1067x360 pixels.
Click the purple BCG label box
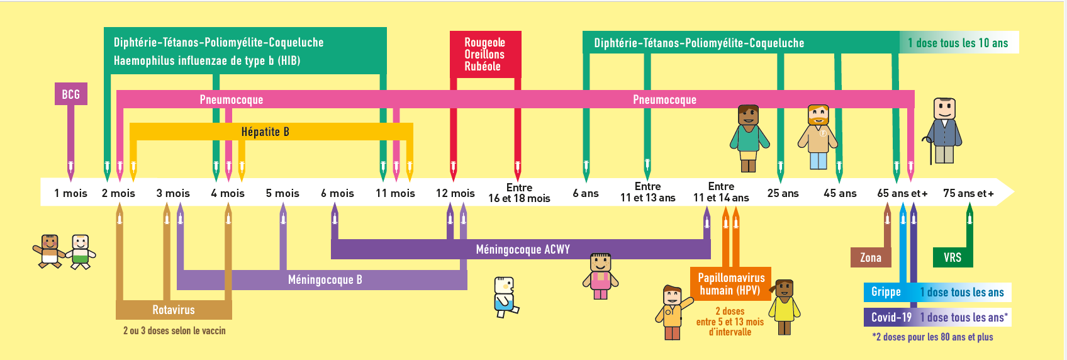[70, 94]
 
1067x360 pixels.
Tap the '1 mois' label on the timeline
[70, 193]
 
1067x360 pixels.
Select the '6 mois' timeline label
[337, 193]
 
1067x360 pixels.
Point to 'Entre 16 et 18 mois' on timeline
[519, 193]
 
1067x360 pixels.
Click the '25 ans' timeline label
[783, 193]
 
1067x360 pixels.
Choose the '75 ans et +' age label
[968, 193]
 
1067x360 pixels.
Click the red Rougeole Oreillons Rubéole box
[484, 54]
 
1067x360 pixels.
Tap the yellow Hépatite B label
[265, 132]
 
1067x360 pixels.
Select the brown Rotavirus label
[174, 310]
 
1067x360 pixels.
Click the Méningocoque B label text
[325, 279]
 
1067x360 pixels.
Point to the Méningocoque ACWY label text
[523, 249]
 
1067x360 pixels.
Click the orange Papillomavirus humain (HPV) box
[731, 284]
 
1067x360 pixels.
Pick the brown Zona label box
[871, 257]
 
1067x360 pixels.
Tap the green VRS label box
[952, 257]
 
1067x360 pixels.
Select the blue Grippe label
[886, 292]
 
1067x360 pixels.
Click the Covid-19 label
[891, 317]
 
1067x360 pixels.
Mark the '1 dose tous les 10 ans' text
[958, 43]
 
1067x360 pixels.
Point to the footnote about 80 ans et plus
[932, 337]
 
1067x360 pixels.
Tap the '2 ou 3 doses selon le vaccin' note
[174, 330]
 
